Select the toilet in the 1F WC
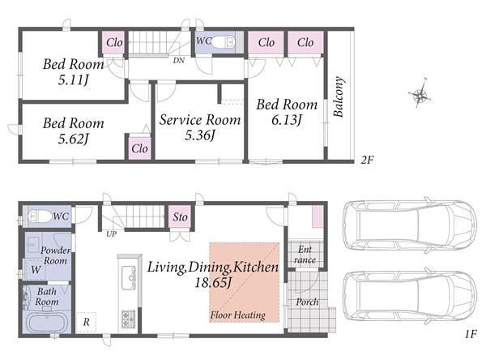pyautogui.click(x=40, y=216)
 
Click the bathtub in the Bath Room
pyautogui.click(x=46, y=323)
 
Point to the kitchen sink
pyautogui.click(x=129, y=278)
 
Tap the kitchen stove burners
pyautogui.click(x=128, y=319)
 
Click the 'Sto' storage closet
pyautogui.click(x=180, y=217)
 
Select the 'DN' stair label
pyautogui.click(x=178, y=61)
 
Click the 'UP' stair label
pyautogui.click(x=112, y=234)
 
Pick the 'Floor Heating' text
pyautogui.click(x=237, y=315)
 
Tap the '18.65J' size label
pyautogui.click(x=213, y=283)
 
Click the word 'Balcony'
pyautogui.click(x=339, y=96)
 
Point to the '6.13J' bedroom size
pyautogui.click(x=287, y=120)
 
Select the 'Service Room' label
pyautogui.click(x=200, y=120)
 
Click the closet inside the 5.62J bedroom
pyautogui.click(x=139, y=148)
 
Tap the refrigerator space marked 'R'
pyautogui.click(x=86, y=322)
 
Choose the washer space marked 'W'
pyautogui.click(x=36, y=270)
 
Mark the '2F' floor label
pyautogui.click(x=367, y=161)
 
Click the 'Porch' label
pyautogui.click(x=307, y=302)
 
